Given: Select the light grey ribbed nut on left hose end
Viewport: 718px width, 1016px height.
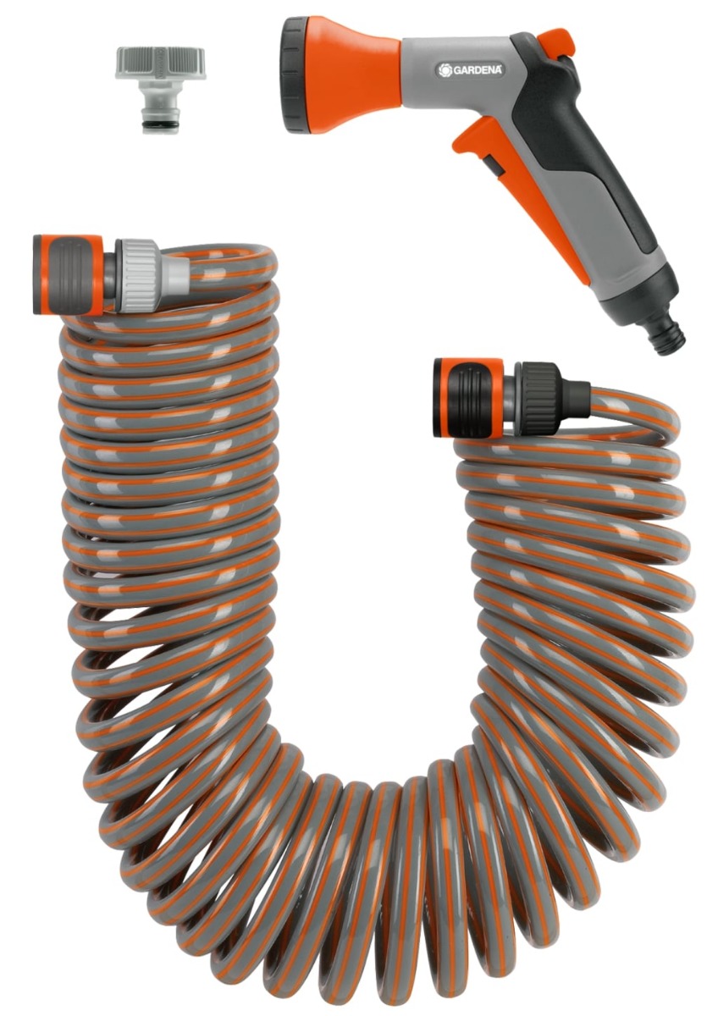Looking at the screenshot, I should coord(137,275).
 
